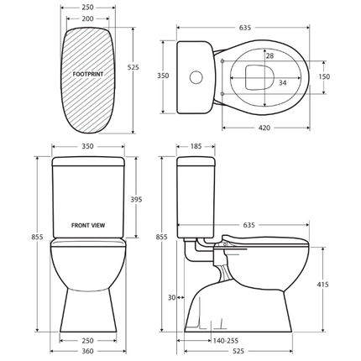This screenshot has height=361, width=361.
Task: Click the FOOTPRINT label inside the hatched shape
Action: pos(88,75)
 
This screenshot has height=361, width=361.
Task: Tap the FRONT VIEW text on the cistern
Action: pos(88,225)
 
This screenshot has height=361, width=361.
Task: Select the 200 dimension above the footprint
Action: pos(88,18)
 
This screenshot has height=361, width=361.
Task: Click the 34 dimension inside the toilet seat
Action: pos(282,82)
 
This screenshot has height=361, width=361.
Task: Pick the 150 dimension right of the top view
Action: pos(347,76)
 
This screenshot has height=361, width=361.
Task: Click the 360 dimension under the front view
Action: pos(88,351)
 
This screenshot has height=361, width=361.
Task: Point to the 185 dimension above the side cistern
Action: pos(195,147)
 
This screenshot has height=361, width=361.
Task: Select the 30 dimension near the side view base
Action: pos(171,297)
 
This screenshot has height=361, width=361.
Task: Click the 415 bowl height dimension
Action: pos(345,285)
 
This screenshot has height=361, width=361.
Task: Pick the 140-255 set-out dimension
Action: pos(225,341)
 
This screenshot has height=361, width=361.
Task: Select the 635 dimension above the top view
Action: pos(245,28)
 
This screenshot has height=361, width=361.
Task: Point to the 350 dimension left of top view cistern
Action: pos(163,76)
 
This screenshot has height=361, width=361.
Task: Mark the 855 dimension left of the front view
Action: pos(37,237)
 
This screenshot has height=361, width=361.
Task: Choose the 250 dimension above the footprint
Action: pos(88,7)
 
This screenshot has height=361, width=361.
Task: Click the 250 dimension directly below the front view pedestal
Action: pos(88,341)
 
